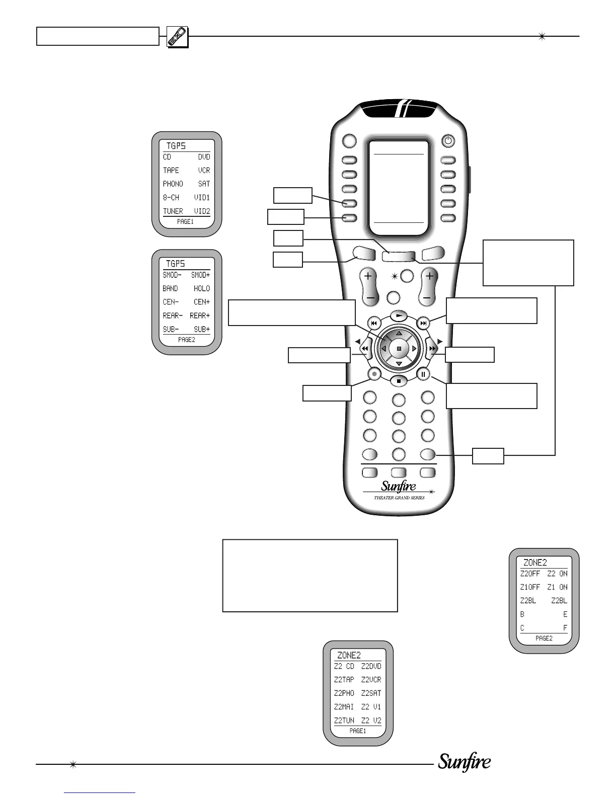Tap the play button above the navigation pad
pos(399,315)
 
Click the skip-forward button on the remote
pos(424,323)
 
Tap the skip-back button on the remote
pos(373,323)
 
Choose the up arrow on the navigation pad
pos(399,334)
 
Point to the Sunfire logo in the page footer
pos(464,763)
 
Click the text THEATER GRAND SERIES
pos(399,498)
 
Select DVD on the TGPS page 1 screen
pos(204,157)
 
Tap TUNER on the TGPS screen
pos(173,211)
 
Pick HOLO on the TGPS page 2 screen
pos(202,289)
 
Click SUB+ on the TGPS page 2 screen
pos(202,330)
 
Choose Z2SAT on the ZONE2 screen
pos(371,693)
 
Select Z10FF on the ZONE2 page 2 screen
pos(530,587)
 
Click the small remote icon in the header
pos(177,37)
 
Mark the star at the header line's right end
pos(542,36)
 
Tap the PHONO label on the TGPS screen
pos(173,184)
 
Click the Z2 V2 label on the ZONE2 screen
pos(371,721)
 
